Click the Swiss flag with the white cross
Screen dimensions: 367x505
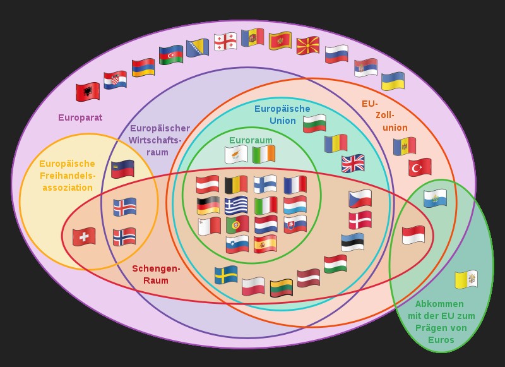[84, 237]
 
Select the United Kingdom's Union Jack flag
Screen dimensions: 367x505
[353, 164]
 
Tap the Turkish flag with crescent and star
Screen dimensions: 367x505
[420, 167]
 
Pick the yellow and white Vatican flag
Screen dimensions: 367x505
[466, 279]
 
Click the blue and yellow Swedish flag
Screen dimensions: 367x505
[225, 275]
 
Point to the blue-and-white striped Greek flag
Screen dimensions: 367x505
[236, 206]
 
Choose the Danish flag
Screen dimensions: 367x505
[360, 220]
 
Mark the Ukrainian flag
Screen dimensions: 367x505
[393, 81]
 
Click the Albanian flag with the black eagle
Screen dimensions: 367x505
[88, 92]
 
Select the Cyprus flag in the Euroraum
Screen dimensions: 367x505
[236, 154]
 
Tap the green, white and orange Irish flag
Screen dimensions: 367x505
[264, 154]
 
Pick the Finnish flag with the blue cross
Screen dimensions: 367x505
[265, 184]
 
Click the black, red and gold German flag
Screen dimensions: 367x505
[208, 206]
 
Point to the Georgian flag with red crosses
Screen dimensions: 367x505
[225, 42]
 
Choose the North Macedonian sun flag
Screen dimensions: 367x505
[308, 45]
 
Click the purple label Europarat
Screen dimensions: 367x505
[80, 117]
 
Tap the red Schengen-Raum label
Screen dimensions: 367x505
[156, 274]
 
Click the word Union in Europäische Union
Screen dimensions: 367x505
[282, 121]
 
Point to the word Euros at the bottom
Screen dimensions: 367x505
[441, 340]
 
